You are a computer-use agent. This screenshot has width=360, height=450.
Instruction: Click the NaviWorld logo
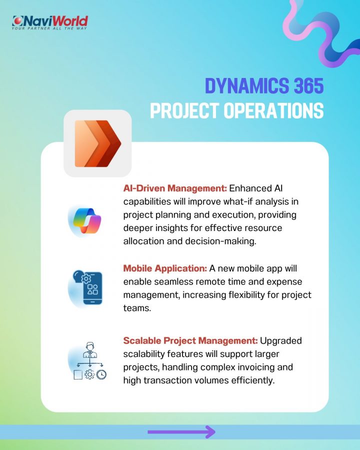[x=49, y=22]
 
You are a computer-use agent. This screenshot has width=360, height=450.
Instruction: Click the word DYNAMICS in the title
[x=247, y=85]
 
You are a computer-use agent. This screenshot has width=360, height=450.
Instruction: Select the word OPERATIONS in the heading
[x=273, y=110]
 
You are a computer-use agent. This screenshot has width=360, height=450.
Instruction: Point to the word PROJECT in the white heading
[x=184, y=110]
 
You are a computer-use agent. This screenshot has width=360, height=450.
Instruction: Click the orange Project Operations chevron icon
[x=98, y=143]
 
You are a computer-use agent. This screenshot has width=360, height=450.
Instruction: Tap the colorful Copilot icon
[x=87, y=220]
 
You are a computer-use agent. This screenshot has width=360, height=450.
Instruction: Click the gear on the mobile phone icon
[x=86, y=278]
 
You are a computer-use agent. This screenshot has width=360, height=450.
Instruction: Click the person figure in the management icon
[x=90, y=350]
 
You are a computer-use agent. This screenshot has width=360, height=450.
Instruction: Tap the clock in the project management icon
[x=101, y=374]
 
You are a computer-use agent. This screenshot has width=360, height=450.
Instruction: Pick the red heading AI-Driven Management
[x=175, y=188]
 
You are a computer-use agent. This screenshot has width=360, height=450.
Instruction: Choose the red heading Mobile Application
[x=165, y=268]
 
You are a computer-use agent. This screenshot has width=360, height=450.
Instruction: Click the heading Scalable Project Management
[x=190, y=340]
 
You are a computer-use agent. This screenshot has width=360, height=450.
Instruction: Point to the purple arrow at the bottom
[x=181, y=431]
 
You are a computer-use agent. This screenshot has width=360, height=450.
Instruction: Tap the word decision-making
[x=220, y=241]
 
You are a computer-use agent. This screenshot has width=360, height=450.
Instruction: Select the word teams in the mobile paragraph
[x=137, y=308]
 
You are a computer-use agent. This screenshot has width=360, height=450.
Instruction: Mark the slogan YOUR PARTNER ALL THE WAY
[x=49, y=28]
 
